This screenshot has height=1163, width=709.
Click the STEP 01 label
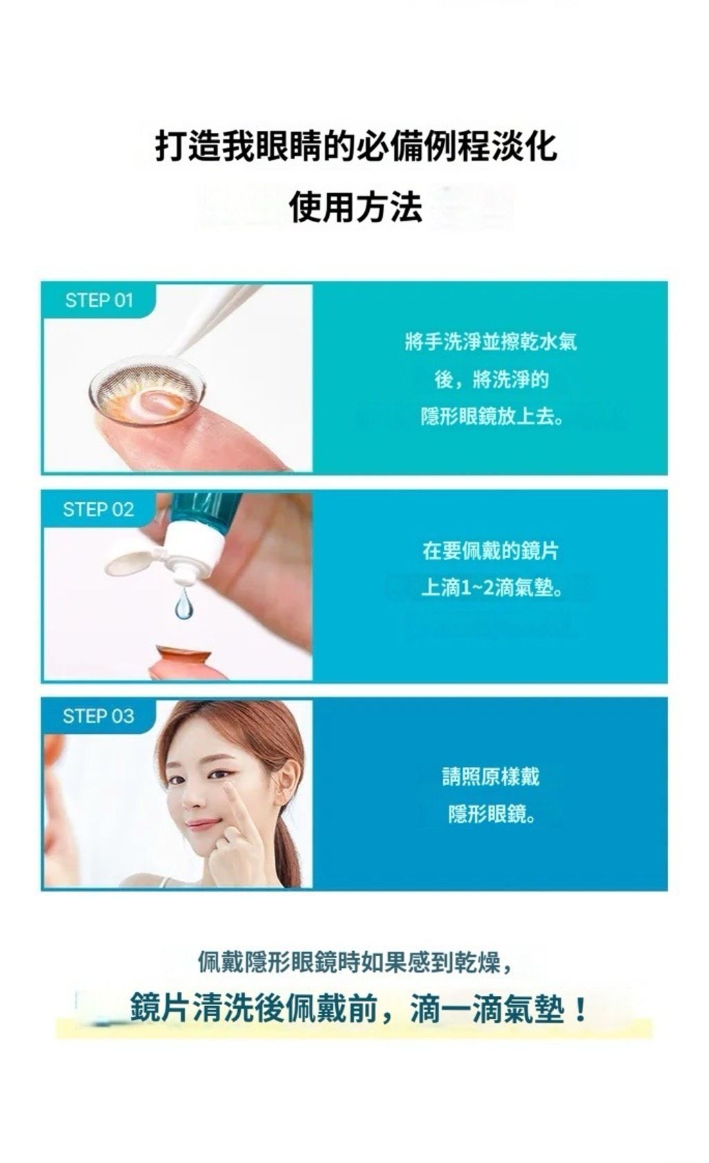click(99, 300)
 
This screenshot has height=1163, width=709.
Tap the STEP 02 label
click(99, 510)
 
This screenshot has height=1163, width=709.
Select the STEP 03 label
click(99, 716)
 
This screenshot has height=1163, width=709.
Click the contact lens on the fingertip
click(147, 390)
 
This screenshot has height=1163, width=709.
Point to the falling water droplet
click(184, 604)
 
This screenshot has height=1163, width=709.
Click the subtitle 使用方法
click(356, 206)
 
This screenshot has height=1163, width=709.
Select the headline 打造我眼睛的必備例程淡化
click(356, 146)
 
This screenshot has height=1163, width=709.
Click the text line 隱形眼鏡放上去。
click(492, 417)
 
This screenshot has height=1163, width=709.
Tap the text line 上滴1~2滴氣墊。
click(492, 588)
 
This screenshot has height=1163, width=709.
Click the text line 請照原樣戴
click(492, 777)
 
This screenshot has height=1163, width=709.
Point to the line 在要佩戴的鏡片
click(491, 551)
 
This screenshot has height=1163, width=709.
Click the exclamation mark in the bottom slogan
click(581, 1011)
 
